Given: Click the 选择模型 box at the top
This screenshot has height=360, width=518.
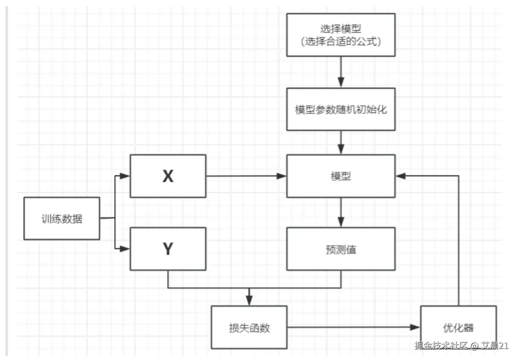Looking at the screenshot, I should click(341, 35).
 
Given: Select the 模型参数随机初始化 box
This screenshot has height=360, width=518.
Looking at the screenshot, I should click(341, 109).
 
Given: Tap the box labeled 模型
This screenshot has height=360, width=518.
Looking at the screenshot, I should click(341, 176).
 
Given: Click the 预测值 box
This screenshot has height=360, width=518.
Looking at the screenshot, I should click(341, 249).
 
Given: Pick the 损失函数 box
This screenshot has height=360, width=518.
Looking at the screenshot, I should click(249, 327).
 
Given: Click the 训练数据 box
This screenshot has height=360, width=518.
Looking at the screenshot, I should click(62, 218).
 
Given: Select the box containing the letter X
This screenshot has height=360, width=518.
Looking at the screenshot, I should click(168, 176).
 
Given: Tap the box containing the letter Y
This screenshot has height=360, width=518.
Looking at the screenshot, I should click(168, 249).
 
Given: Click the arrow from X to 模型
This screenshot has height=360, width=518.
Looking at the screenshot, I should click(246, 176).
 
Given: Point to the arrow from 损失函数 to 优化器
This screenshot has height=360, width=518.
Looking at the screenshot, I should click(353, 327).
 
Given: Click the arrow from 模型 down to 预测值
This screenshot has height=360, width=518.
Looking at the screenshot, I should click(341, 212).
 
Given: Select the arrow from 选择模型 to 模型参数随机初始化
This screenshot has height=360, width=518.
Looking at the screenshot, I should click(341, 72).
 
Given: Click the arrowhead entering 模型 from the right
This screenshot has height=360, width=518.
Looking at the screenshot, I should click(401, 176).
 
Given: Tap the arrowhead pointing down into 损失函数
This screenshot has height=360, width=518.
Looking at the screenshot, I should click(249, 301).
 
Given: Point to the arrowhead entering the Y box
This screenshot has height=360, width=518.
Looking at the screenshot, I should click(125, 249).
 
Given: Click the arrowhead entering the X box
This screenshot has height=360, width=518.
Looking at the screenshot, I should click(125, 176).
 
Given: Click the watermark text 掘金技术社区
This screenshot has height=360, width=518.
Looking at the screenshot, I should click(441, 345).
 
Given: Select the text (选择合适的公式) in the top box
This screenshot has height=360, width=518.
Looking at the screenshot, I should click(341, 41).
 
